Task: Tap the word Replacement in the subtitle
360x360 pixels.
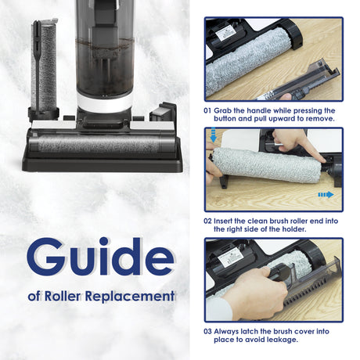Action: point(130,297)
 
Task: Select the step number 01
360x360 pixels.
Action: point(207,110)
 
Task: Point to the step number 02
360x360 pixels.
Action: point(207,221)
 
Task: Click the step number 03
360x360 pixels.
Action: point(207,332)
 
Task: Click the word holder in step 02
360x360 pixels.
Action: point(293,229)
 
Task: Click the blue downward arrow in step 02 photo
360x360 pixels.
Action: point(213,135)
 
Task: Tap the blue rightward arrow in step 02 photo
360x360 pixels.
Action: point(326,195)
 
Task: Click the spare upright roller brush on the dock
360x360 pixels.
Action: point(44,64)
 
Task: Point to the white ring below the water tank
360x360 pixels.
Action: point(105,103)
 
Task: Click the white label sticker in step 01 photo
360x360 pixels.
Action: point(226,33)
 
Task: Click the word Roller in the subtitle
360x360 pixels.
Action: point(63,296)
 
